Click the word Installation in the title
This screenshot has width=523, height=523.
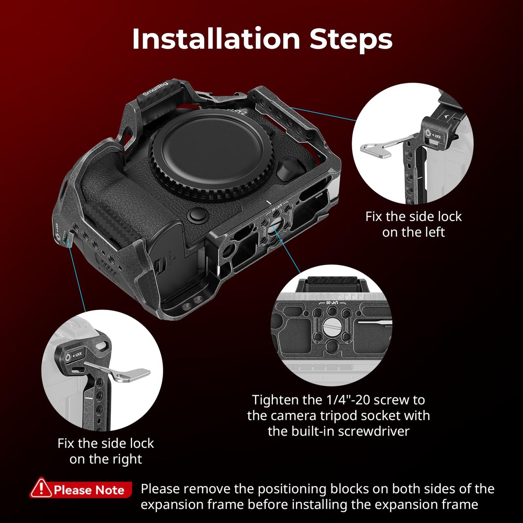tap(216, 38)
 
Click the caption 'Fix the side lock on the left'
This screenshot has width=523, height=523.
tap(413, 224)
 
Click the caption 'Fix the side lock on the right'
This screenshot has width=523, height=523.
tap(105, 451)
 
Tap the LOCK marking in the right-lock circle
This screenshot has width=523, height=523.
tap(78, 355)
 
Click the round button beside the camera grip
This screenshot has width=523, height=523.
tap(199, 215)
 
